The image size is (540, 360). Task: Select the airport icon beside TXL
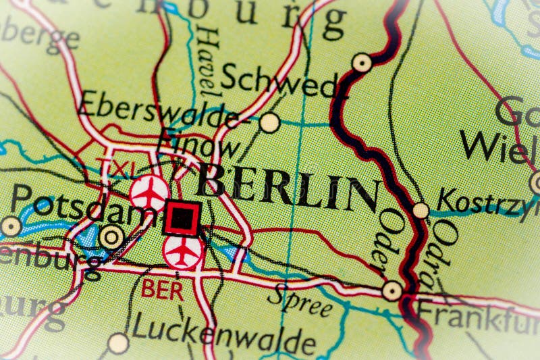pos(150,192)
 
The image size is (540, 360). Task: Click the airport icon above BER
pos(183,251)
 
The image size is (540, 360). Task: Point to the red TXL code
pos(114,167)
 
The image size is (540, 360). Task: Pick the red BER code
pos(161,291)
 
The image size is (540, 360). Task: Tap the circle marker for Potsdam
pos(111,236)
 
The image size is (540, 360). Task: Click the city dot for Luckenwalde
pos(119,343)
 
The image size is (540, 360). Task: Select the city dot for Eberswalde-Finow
pos(269,122)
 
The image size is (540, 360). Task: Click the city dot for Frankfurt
pos(391,291)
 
